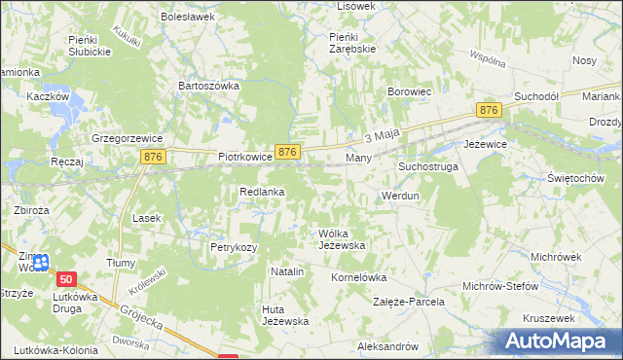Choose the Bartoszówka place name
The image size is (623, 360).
(x=208, y=86)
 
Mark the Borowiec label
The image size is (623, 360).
(x=410, y=92)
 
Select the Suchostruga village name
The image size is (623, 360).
(x=427, y=167)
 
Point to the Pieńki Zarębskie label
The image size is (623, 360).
(x=346, y=42)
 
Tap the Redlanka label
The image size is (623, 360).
(x=262, y=192)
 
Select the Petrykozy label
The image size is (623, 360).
(x=234, y=247)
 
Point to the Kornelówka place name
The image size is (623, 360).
(x=359, y=277)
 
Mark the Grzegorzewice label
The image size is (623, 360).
(x=125, y=137)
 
